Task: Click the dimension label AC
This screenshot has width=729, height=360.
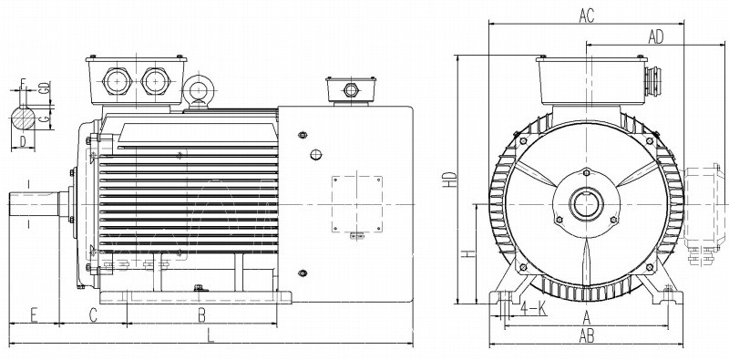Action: tap(587, 15)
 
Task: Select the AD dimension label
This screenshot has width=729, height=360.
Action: tap(656, 37)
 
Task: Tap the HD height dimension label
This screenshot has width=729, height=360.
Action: tap(449, 180)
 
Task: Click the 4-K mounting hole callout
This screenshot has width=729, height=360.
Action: tap(533, 307)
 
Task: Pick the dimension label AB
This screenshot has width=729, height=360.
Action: tap(587, 335)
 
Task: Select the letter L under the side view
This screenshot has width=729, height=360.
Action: tap(210, 334)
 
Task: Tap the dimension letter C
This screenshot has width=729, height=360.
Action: tap(93, 314)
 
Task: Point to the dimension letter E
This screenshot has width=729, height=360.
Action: tap(34, 314)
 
